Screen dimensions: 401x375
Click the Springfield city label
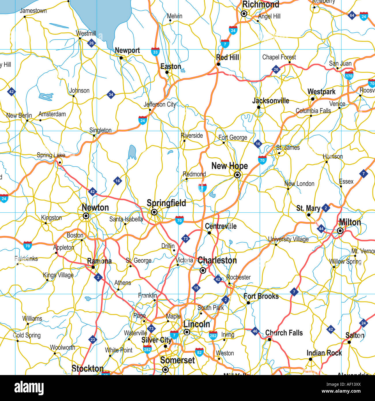(166, 203)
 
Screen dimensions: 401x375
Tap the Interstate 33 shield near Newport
(155, 52)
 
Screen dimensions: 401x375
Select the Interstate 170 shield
(349, 76)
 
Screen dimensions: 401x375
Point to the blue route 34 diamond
(111, 94)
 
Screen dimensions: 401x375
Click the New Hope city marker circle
(237, 175)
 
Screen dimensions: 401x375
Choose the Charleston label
(217, 261)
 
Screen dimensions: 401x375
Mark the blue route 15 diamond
(196, 288)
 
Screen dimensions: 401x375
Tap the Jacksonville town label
(271, 101)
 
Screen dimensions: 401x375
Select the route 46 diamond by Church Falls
(255, 331)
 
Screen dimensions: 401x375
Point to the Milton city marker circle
(340, 231)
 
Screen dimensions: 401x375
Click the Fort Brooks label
(261, 296)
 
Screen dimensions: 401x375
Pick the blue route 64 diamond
(352, 15)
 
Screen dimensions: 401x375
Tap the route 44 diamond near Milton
(321, 229)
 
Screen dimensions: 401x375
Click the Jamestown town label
(33, 11)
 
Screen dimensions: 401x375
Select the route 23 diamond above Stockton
(93, 340)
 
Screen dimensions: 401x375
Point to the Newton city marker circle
(86, 216)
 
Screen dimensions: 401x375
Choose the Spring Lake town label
(51, 155)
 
